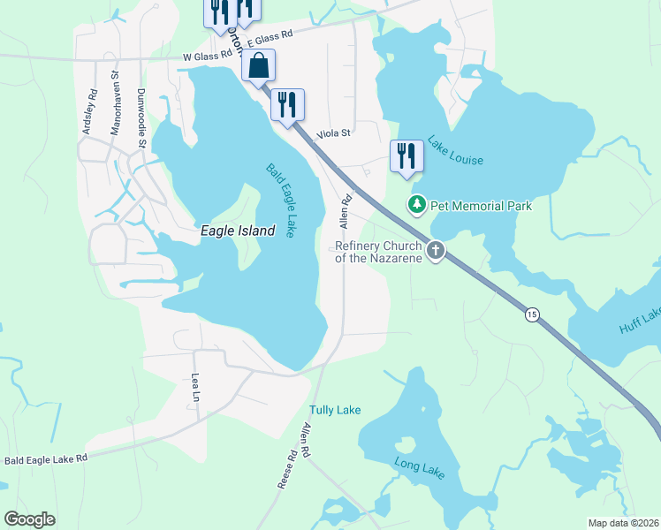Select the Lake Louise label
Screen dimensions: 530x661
(x=455, y=150)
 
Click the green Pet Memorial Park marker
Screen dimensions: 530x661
(x=416, y=206)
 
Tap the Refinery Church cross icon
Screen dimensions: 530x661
(x=435, y=252)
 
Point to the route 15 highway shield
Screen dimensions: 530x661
(x=531, y=315)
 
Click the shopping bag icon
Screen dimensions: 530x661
(x=258, y=65)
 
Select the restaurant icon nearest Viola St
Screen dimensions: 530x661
(x=287, y=105)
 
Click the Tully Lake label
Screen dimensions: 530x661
(x=335, y=410)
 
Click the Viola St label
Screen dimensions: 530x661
(x=334, y=133)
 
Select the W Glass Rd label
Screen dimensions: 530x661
(x=207, y=57)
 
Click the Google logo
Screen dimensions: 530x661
(x=29, y=519)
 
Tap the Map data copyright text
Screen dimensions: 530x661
(x=623, y=523)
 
